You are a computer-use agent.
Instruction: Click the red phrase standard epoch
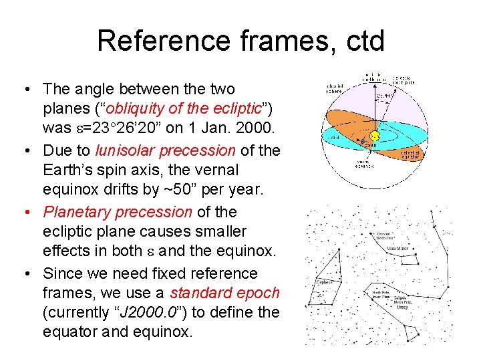pos(225,293)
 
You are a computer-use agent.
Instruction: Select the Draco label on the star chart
pos(402,307)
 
